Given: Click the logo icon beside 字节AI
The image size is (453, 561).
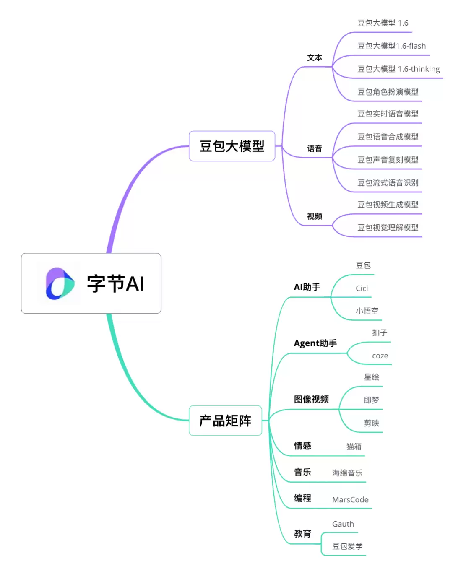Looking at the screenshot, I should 60,283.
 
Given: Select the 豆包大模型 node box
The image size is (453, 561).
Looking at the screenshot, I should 232,146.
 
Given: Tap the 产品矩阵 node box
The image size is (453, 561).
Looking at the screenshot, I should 225,421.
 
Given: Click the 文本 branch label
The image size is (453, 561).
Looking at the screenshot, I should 315,58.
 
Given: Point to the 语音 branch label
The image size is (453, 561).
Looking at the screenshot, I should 315,148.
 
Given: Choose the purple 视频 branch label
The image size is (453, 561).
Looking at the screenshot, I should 315,216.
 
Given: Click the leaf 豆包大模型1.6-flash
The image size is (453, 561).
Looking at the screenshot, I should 391,46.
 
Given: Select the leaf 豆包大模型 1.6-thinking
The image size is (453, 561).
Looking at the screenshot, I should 398,69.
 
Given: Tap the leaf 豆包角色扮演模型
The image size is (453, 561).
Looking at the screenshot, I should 388,92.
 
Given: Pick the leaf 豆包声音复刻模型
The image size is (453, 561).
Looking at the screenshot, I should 388,160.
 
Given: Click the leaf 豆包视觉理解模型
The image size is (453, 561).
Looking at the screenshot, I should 388,228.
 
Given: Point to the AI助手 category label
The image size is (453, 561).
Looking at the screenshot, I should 307,287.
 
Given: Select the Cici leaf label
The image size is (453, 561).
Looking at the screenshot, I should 362,288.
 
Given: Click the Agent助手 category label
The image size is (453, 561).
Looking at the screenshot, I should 315,343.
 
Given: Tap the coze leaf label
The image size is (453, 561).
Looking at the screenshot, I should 380,356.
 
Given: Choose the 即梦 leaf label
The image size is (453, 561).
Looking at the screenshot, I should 371,400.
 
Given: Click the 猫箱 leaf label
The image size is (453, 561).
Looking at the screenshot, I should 354,447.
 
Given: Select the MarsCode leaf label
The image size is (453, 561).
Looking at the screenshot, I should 350,500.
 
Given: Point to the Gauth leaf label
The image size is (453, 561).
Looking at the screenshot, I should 343,524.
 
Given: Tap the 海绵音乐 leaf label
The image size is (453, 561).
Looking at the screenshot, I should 347,473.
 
